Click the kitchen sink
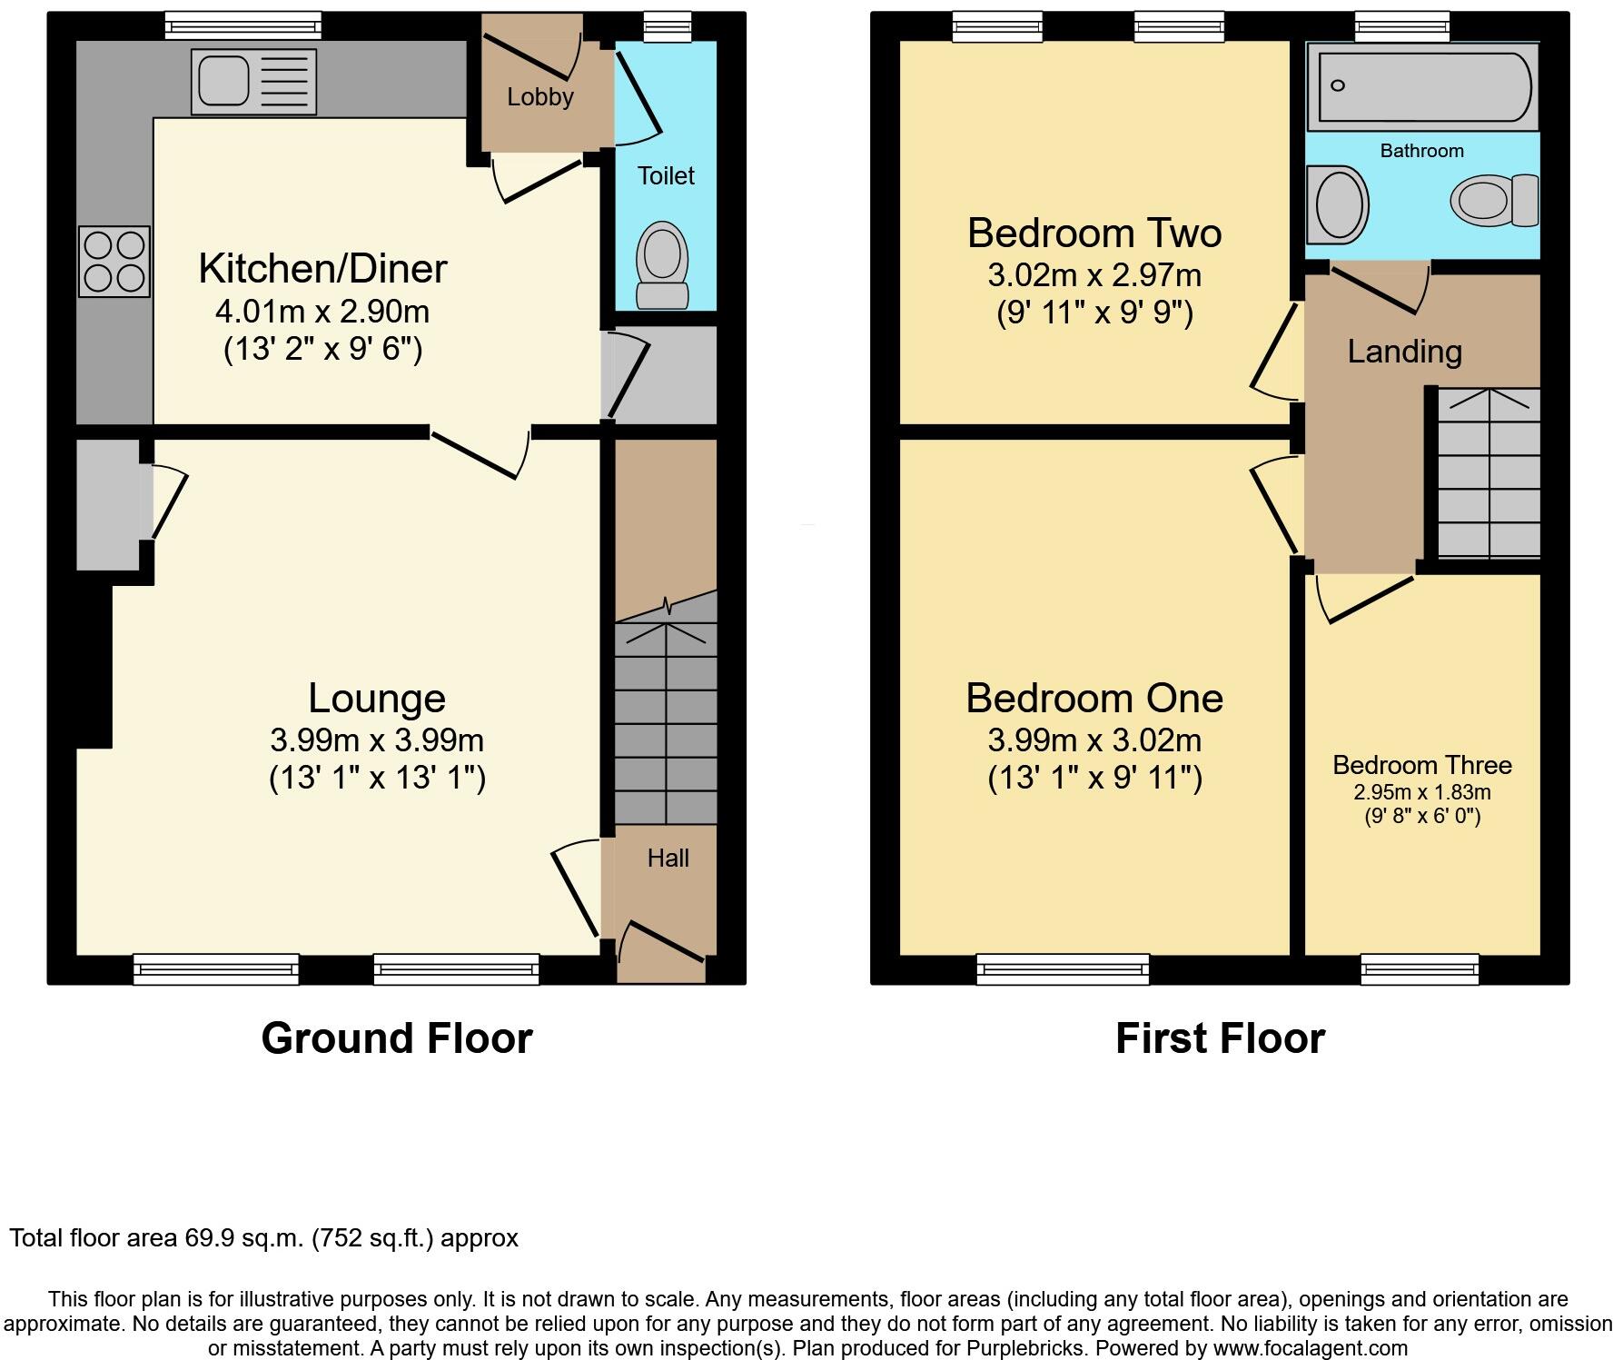tap(252, 81)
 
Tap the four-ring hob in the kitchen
tap(114, 262)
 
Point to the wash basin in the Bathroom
tap(1340, 204)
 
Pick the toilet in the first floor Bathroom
tap(1494, 200)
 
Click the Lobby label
tap(540, 97)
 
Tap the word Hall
tap(668, 858)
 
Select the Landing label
tap(1404, 352)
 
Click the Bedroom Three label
tap(1422, 765)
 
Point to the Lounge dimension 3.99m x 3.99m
tap(377, 740)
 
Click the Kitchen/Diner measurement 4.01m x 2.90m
tap(322, 312)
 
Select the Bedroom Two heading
tap(1094, 233)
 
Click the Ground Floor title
tap(397, 1038)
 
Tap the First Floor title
tap(1220, 1038)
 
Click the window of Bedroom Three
tap(1420, 970)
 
